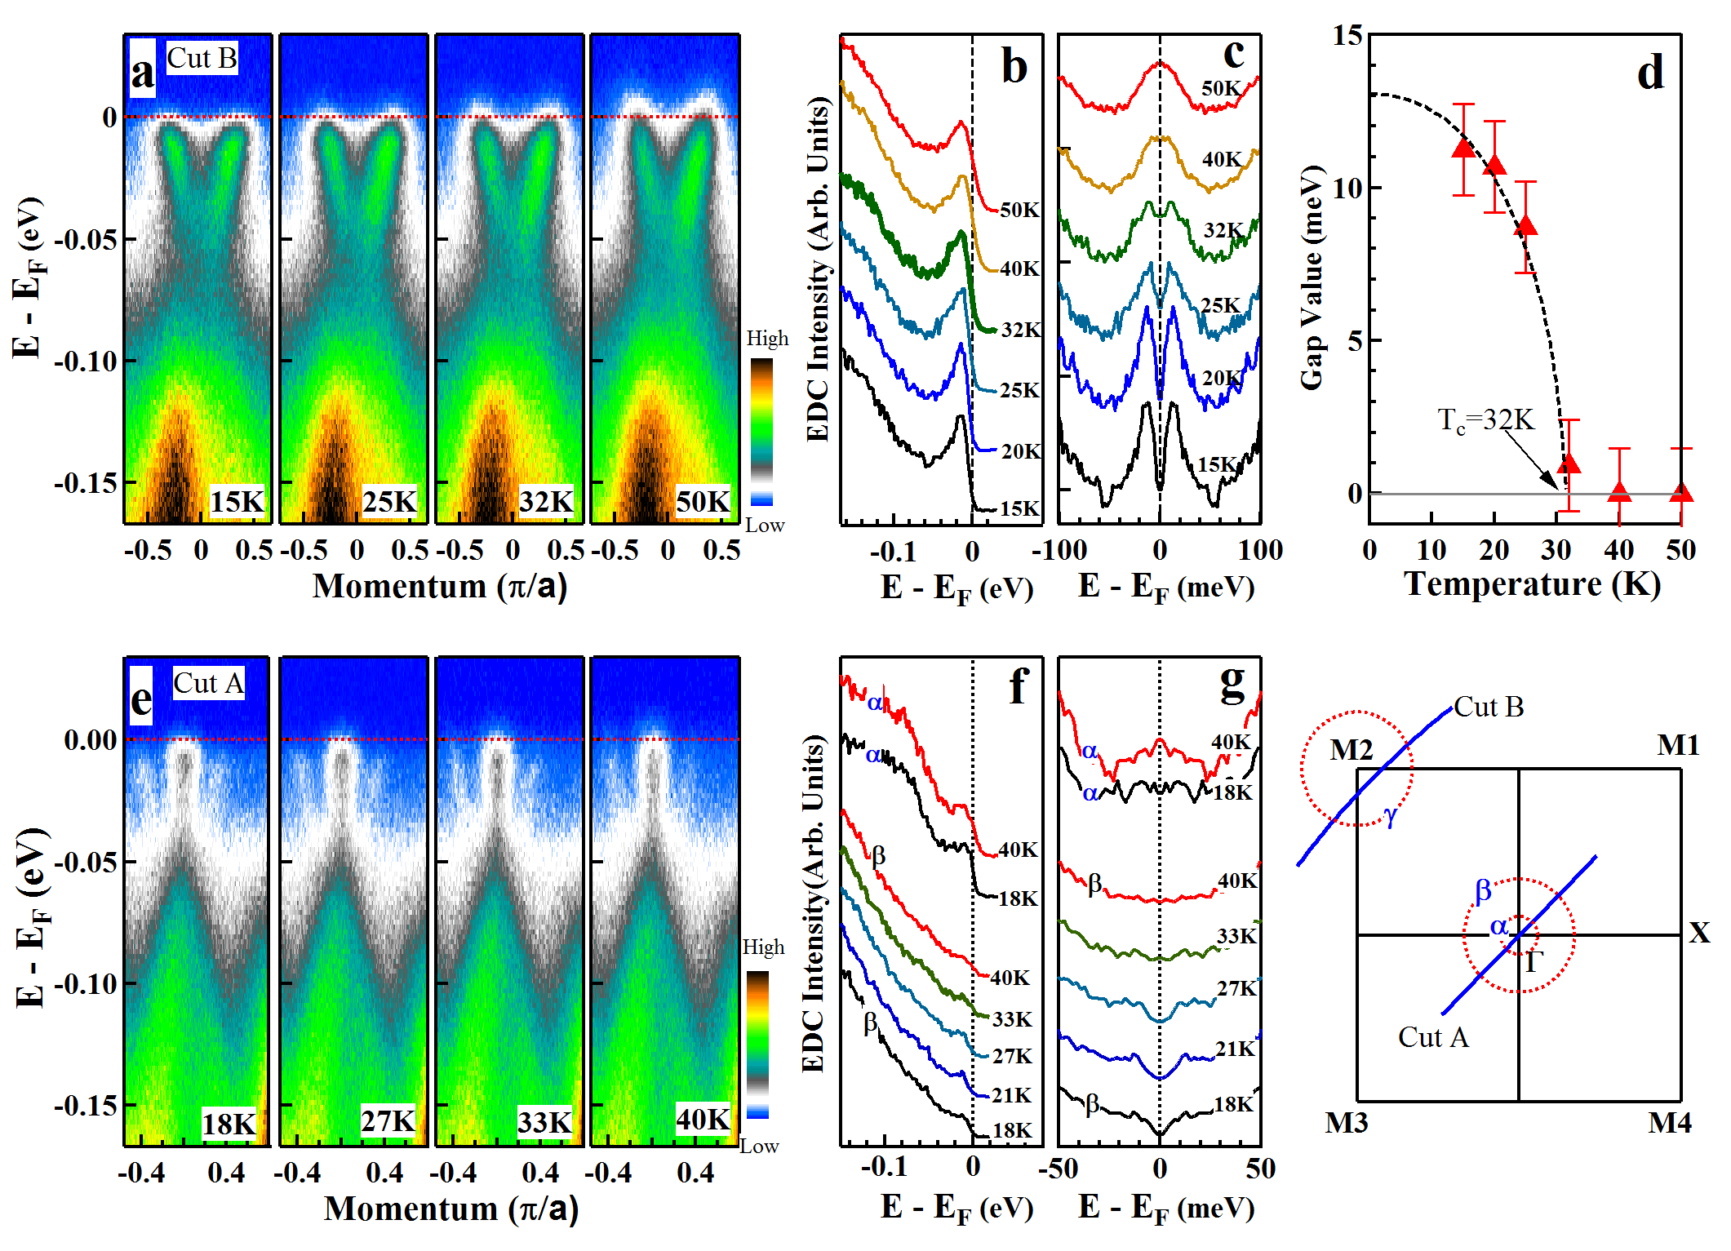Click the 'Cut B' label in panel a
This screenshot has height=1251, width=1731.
tap(202, 59)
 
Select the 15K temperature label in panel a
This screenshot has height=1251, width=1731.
tap(237, 501)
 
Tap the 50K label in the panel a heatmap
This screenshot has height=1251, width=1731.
tap(703, 501)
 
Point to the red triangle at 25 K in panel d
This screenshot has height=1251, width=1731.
tap(1525, 226)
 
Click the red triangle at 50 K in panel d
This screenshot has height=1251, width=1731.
tap(1681, 492)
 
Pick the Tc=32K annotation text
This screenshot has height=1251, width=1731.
tap(1485, 420)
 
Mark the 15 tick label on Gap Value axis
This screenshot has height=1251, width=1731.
tap(1347, 36)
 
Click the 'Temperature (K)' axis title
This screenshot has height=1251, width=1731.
tap(1532, 584)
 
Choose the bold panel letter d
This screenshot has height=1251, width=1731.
tap(1650, 73)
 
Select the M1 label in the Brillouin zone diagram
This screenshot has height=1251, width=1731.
tap(1678, 745)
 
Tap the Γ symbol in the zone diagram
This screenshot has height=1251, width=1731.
tap(1533, 962)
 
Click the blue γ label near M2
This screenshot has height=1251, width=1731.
tap(1391, 814)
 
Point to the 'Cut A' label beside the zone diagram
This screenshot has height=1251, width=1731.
tap(1433, 1037)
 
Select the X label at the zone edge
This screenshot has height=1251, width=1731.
tap(1699, 933)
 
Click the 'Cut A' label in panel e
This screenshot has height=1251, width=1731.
tap(208, 684)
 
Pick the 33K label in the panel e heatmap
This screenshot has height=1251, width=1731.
tap(544, 1123)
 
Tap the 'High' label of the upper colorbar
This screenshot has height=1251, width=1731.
tap(767, 338)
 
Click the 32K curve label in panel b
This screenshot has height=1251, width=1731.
tap(1021, 330)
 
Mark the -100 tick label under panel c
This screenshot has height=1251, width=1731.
tap(1059, 551)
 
